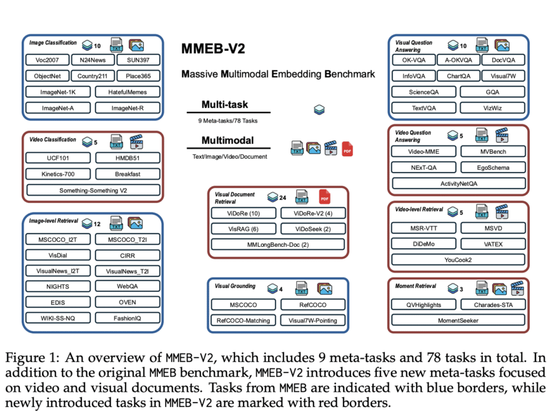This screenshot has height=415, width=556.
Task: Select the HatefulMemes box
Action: (x=127, y=92)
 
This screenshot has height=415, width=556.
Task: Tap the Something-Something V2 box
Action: (x=92, y=190)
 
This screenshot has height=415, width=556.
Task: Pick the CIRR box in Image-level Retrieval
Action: (x=127, y=255)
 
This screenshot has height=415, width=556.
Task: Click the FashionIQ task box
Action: (x=127, y=318)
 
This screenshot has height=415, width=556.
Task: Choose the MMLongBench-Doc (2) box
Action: (x=278, y=244)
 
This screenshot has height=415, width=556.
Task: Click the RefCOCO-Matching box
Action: (x=243, y=321)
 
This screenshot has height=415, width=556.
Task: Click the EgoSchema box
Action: (x=494, y=167)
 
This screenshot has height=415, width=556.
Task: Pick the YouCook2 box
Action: (x=459, y=259)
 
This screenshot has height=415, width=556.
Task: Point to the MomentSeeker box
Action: (x=459, y=321)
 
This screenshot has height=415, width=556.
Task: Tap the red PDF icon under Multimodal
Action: (x=347, y=149)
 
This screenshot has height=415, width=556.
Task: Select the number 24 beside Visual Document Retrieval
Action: (x=283, y=197)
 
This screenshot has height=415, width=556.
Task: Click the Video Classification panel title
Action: (x=52, y=140)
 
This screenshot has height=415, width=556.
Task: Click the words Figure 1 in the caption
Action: (x=31, y=359)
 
